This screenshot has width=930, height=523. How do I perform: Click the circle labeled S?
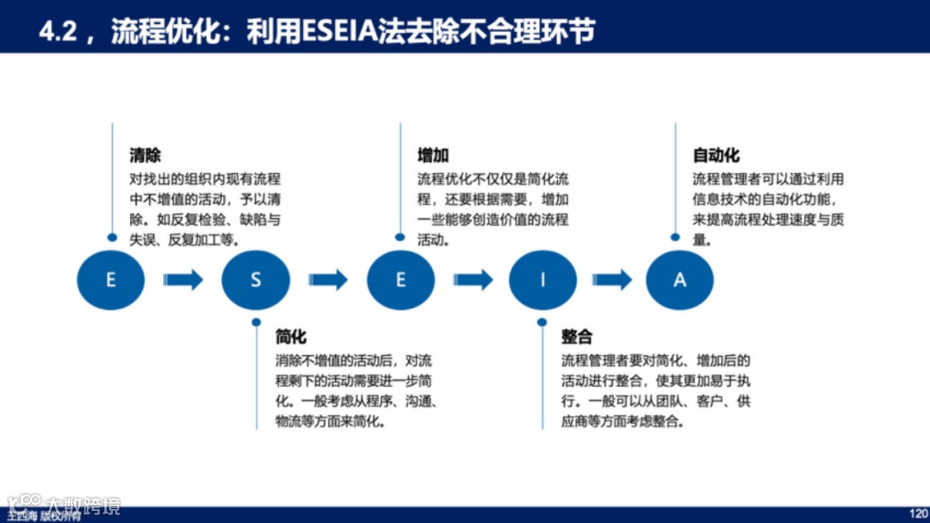[x=255, y=280]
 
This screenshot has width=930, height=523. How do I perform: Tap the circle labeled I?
[x=542, y=280]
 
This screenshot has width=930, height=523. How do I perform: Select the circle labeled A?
[x=679, y=280]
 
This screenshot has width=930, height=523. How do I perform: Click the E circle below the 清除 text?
[x=110, y=280]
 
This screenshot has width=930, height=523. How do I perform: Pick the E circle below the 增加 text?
[x=400, y=280]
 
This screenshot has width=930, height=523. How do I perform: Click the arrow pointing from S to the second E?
[x=328, y=280]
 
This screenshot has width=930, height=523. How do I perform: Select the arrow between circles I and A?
[x=612, y=280]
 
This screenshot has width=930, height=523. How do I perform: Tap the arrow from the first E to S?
[x=183, y=280]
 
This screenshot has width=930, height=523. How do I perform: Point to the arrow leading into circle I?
[x=473, y=280]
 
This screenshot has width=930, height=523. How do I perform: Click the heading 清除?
[x=145, y=156]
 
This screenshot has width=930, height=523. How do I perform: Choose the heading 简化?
[x=290, y=337]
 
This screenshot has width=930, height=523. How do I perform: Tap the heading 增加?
[x=433, y=156]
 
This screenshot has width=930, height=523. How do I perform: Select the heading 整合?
[x=576, y=337]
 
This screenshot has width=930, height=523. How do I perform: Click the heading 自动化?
[x=716, y=156]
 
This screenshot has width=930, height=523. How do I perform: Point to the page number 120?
[x=918, y=513]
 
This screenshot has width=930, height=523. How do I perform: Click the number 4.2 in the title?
[x=59, y=32]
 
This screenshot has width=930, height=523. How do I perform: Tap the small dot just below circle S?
[x=256, y=322]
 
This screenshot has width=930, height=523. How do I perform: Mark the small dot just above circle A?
[x=675, y=237]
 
